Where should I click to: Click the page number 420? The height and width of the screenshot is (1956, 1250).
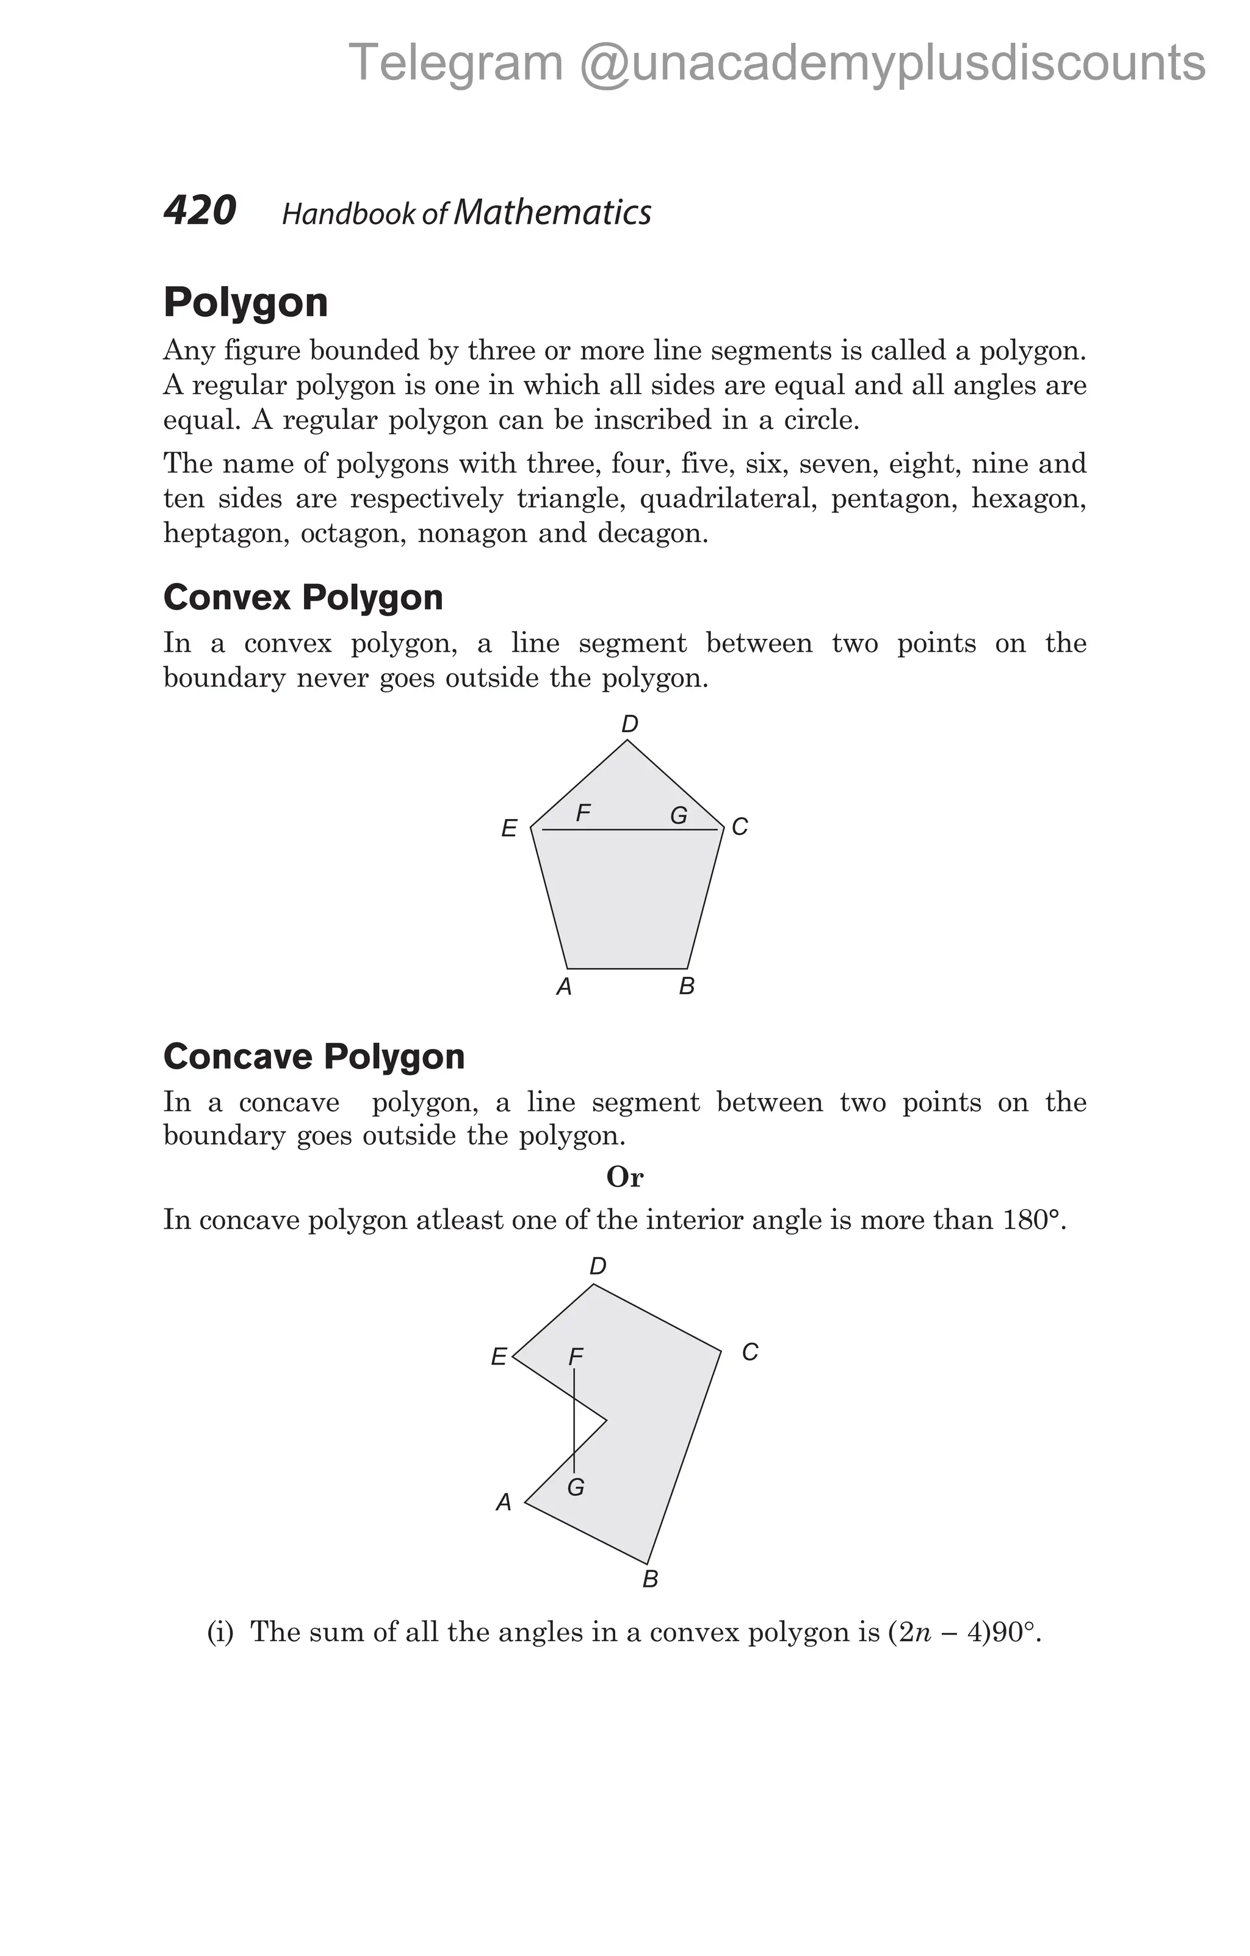[200, 211]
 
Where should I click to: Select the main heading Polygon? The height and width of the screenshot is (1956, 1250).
[245, 302]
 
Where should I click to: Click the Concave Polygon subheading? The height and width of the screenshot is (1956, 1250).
[314, 1056]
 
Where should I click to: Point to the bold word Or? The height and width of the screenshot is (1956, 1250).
[624, 1177]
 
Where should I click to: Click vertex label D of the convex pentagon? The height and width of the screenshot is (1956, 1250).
[629, 724]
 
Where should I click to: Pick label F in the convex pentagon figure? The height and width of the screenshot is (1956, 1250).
[582, 812]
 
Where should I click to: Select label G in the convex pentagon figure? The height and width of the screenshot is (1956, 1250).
[679, 815]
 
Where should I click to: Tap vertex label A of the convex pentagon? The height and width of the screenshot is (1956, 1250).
[564, 987]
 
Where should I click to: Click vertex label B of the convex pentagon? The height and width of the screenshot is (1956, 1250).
[686, 986]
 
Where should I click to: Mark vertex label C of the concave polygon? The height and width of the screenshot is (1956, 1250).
[750, 1352]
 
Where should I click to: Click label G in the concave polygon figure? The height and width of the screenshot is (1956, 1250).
[576, 1487]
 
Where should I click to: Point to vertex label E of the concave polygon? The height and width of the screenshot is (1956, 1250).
[499, 1357]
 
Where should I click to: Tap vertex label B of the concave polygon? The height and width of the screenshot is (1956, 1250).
[650, 1579]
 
